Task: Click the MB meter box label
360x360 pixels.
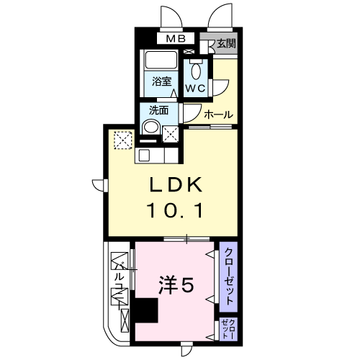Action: click(176, 39)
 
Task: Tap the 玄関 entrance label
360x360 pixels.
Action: click(226, 43)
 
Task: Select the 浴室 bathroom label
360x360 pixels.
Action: click(161, 81)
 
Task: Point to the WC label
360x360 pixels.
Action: click(196, 89)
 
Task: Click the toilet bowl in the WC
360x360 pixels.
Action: click(196, 71)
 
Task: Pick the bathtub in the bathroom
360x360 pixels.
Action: click(161, 60)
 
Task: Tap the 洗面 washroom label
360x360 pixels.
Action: click(158, 110)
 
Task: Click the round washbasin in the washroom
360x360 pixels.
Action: click(150, 127)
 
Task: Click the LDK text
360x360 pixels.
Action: click(176, 184)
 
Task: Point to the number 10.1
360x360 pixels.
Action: click(176, 210)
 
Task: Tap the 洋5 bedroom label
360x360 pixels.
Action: click(176, 285)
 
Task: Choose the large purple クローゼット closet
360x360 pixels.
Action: click(228, 276)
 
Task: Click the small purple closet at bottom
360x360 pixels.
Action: click(228, 329)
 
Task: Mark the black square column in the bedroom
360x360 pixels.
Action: click(146, 310)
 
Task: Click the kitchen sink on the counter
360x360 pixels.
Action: click(144, 156)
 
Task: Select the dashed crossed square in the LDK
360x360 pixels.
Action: click(123, 140)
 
